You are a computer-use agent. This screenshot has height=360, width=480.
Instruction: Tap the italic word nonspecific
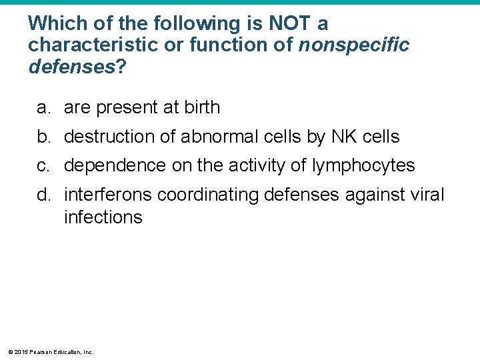[354, 45]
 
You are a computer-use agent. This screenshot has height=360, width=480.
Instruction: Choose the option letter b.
[43, 137]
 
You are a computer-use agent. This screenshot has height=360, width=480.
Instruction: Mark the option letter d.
[43, 195]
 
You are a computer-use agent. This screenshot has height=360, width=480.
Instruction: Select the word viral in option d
[427, 195]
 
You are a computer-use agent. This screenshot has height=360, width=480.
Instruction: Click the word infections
[103, 217]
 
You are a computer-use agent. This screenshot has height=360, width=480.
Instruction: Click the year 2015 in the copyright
[21, 352]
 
